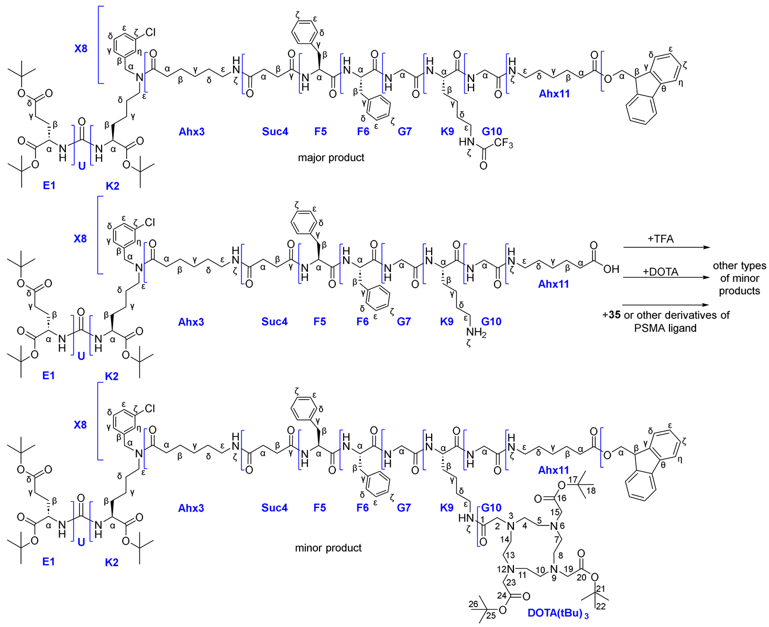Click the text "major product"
pos(331,158)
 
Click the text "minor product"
pos(328,548)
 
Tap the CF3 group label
pos(503,144)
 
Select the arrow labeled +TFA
pos(665,247)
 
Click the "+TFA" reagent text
pos(661,239)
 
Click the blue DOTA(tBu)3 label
pos(558,613)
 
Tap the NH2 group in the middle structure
pos(476,333)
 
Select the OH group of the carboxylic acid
pos(611,269)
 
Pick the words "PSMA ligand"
pos(665,328)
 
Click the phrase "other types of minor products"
pos(739,278)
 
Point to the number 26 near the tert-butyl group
pos(473,604)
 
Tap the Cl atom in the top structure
pos(150,32)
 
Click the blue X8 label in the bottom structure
pos(80,425)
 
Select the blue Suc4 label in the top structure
pos(275,131)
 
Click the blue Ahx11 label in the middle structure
pos(554,284)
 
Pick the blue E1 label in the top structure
pos(49,185)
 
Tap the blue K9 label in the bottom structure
pos(447,508)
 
